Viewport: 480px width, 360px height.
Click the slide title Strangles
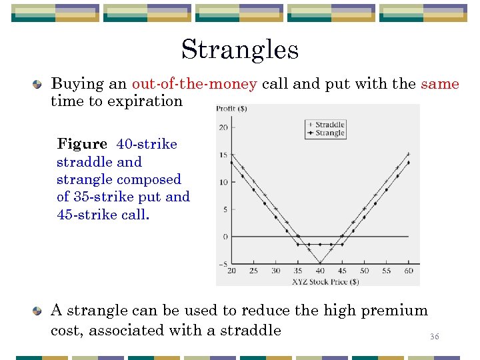point(239,49)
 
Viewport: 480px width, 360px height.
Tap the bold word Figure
point(82,144)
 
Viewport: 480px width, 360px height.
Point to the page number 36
point(434,337)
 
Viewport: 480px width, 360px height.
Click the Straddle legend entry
point(329,124)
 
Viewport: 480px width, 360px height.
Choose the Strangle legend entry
point(329,133)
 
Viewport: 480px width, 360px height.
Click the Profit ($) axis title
point(230,109)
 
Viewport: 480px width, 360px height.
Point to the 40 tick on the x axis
point(320,271)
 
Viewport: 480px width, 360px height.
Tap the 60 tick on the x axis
point(408,271)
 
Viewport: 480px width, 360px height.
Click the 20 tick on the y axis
point(223,127)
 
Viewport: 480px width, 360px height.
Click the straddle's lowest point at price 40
point(320,263)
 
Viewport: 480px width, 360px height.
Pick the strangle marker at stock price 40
point(320,245)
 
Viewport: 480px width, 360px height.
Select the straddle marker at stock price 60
point(408,154)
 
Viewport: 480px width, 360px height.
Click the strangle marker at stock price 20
point(231,163)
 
